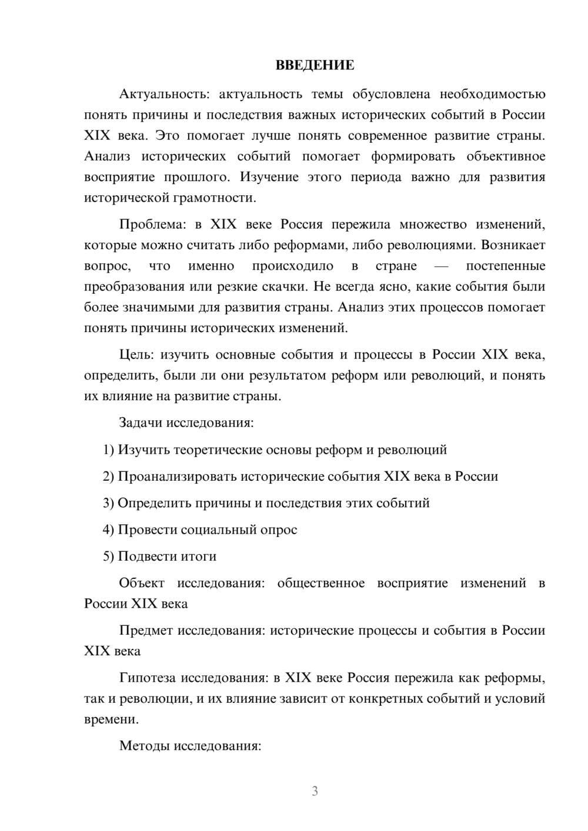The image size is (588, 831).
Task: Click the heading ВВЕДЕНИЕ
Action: click(315, 65)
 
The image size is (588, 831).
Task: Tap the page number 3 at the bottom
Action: click(315, 791)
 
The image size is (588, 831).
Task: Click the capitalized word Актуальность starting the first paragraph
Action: click(155, 94)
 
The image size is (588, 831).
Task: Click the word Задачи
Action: click(141, 423)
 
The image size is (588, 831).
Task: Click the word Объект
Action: click(142, 583)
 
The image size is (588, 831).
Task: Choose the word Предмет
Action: click(146, 630)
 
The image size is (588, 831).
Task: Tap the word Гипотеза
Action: click(147, 678)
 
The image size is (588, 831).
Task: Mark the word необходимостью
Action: click(492, 94)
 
